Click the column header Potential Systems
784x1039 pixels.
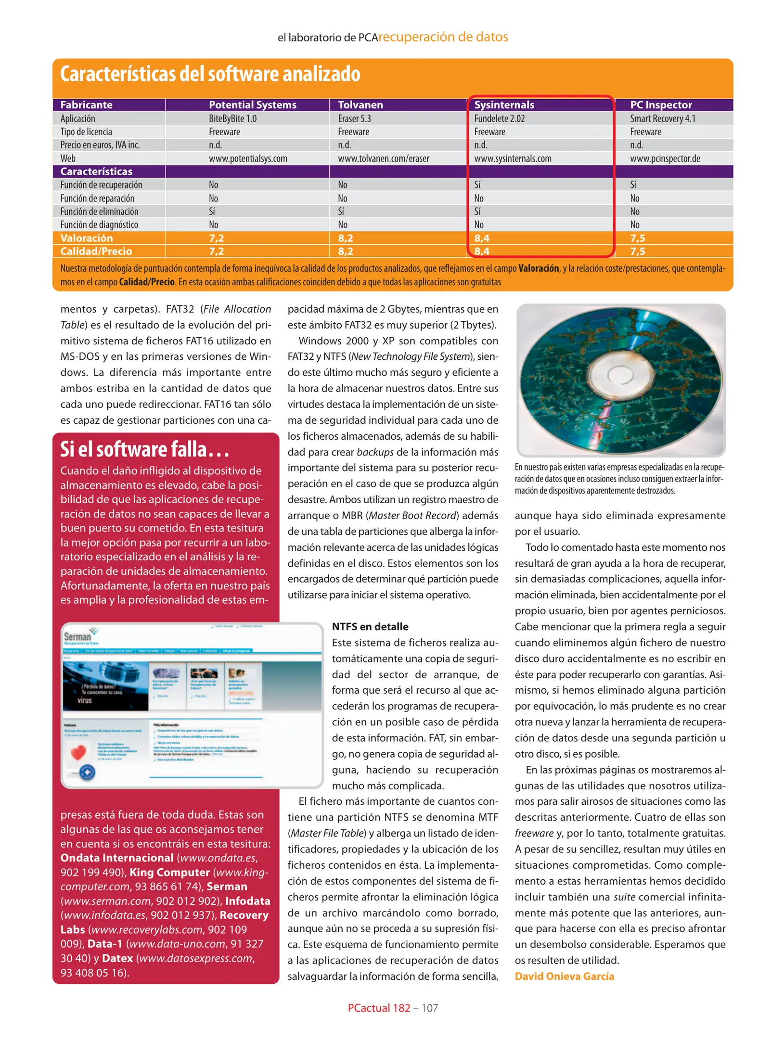252,105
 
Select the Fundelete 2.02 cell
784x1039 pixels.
499,118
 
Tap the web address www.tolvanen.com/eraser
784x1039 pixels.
383,158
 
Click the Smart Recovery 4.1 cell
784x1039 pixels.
662,118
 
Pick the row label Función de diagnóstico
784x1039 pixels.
99,225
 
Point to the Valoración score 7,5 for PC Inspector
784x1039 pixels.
637,238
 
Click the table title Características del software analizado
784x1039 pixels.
210,74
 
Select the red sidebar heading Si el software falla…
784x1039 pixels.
144,450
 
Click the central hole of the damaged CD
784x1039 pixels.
620,375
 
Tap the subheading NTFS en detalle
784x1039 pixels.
370,626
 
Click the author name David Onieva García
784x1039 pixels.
564,976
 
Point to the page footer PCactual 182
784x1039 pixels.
379,1008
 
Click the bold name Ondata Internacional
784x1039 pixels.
116,858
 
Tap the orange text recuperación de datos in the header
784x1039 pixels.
443,37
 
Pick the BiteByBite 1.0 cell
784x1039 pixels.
232,118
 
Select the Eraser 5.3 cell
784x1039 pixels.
354,118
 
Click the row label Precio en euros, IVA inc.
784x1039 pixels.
100,145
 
